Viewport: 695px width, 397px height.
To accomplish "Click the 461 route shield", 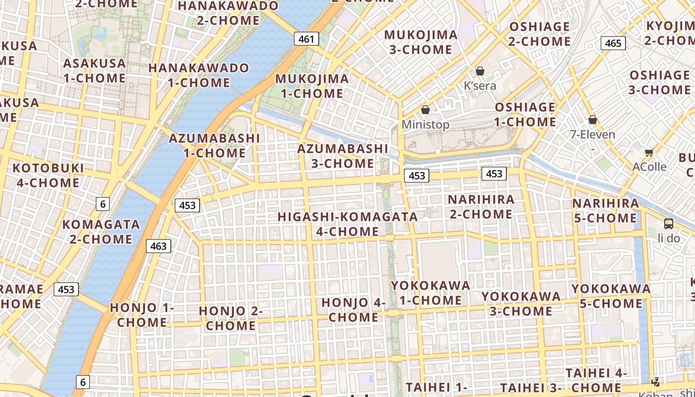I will pyautogui.click(x=306, y=39).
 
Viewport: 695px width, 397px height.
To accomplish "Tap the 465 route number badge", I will pyautogui.click(x=613, y=43).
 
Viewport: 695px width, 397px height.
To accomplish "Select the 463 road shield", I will pyautogui.click(x=158, y=246).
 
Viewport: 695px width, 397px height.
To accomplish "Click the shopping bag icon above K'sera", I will pyautogui.click(x=480, y=71).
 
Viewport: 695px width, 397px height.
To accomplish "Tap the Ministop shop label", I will pyautogui.click(x=425, y=125).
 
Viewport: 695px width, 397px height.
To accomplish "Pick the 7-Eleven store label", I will pyautogui.click(x=593, y=134).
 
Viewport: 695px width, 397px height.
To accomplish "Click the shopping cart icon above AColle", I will pyautogui.click(x=649, y=153).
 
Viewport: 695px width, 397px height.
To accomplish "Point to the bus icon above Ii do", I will pyautogui.click(x=669, y=224).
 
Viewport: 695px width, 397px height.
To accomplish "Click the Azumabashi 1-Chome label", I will pyautogui.click(x=214, y=145).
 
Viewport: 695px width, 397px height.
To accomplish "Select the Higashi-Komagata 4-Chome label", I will pyautogui.click(x=347, y=224).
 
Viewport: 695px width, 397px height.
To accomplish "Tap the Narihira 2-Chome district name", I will pyautogui.click(x=481, y=207).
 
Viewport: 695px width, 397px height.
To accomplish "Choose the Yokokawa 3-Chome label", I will pyautogui.click(x=521, y=304).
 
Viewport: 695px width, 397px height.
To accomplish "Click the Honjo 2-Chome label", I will pyautogui.click(x=231, y=318).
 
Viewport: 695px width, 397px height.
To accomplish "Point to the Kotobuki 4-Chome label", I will pyautogui.click(x=48, y=175).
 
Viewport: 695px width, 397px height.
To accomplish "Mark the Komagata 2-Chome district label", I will pyautogui.click(x=101, y=232).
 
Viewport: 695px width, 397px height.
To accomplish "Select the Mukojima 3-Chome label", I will pyautogui.click(x=420, y=42).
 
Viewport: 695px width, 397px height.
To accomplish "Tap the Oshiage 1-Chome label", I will pyautogui.click(x=525, y=115).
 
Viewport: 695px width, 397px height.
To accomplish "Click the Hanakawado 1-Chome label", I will pyautogui.click(x=199, y=75).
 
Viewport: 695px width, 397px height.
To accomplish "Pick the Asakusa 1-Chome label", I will pyautogui.click(x=94, y=70).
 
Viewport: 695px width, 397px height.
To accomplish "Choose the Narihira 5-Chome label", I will pyautogui.click(x=606, y=210).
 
